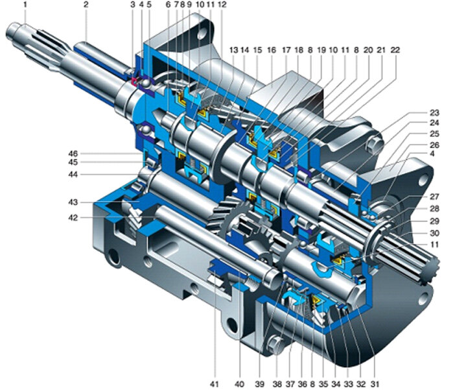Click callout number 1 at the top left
pyautogui.click(x=25, y=5)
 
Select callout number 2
pyautogui.click(x=86, y=5)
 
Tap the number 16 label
pyautogui.click(x=272, y=50)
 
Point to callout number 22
pyautogui.click(x=395, y=50)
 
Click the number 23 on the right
pyautogui.click(x=434, y=113)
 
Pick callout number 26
pyautogui.click(x=434, y=145)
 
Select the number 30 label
pyautogui.click(x=434, y=233)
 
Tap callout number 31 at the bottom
pyautogui.click(x=375, y=384)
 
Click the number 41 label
pyautogui.click(x=214, y=384)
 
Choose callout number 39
pyautogui.click(x=260, y=384)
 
